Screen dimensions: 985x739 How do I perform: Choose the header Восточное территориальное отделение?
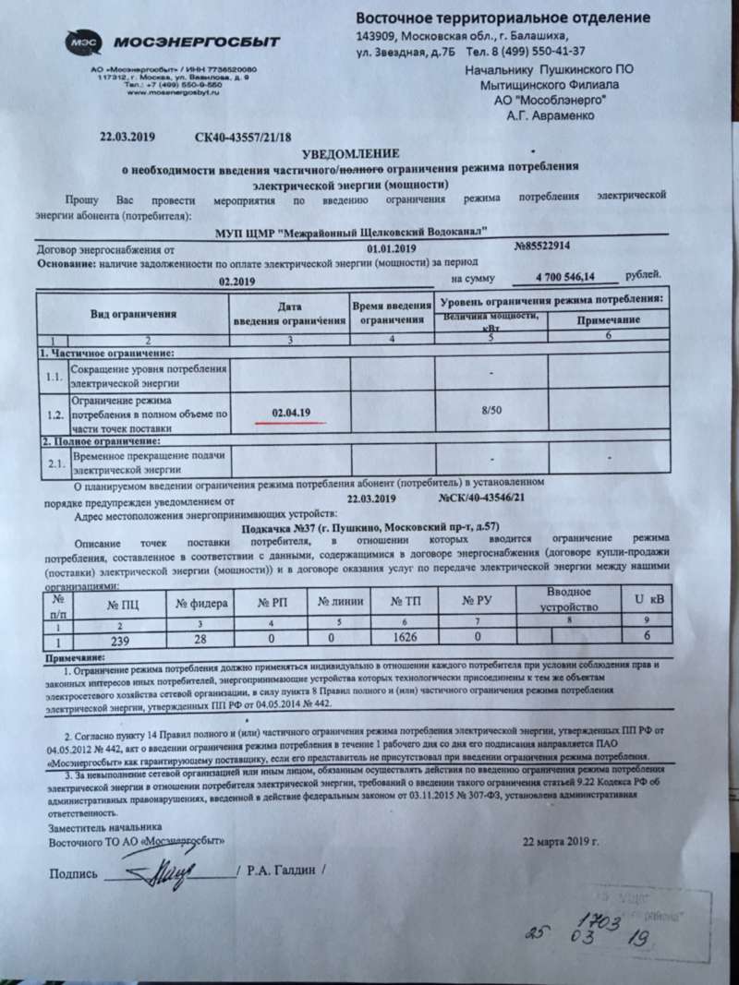[x=503, y=18]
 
